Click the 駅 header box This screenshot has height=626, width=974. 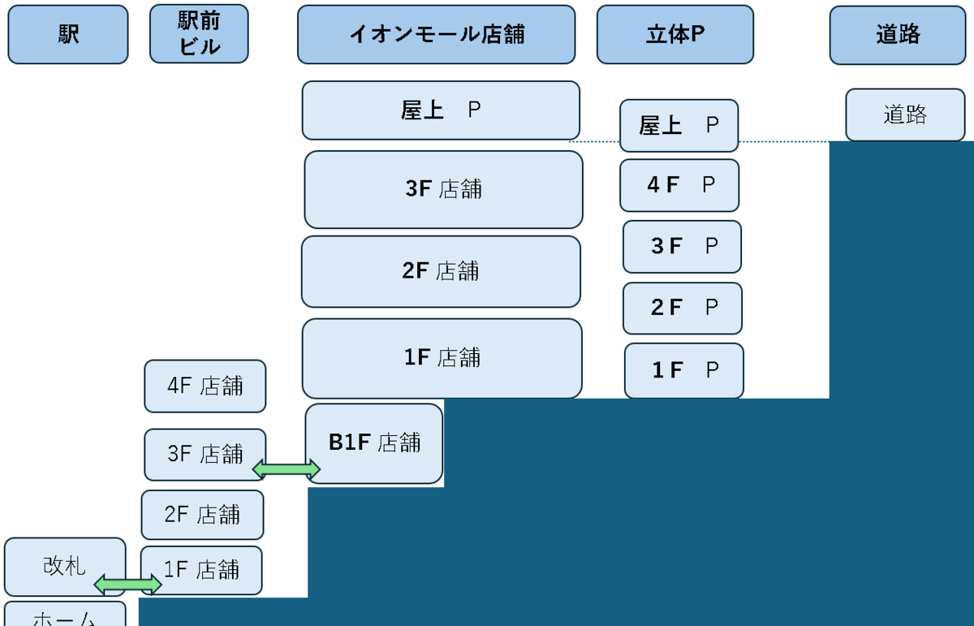[68, 34]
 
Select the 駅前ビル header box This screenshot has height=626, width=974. [199, 34]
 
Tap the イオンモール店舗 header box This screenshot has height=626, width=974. [436, 34]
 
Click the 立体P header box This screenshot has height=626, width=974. [674, 34]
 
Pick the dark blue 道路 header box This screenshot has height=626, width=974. [898, 34]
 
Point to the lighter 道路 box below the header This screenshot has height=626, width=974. [905, 114]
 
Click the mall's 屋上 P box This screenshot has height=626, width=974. [441, 110]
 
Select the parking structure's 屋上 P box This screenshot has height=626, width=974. [679, 125]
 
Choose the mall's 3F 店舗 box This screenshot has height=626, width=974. [443, 189]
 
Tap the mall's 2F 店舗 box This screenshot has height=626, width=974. [441, 271]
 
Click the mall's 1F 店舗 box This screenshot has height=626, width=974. [442, 358]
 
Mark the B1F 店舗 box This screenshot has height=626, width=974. [374, 443]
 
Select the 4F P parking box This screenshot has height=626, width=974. [679, 185]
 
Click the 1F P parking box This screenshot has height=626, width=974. [683, 370]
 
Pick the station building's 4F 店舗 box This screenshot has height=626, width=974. [205, 386]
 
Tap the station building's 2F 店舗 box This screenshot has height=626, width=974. [202, 515]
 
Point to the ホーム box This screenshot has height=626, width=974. [65, 616]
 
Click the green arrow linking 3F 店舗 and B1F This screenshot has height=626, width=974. [287, 468]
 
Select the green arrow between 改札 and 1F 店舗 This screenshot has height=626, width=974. [128, 584]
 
